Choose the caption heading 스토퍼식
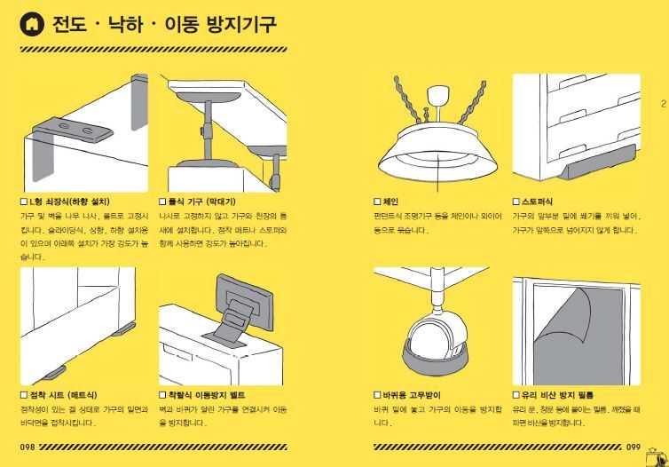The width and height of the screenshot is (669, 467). pyautogui.click(x=538, y=202)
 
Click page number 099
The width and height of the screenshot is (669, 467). pyautogui.click(x=633, y=447)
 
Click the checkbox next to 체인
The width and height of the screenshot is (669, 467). pyautogui.click(x=377, y=202)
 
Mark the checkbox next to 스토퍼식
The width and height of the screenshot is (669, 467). pyautogui.click(x=516, y=202)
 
